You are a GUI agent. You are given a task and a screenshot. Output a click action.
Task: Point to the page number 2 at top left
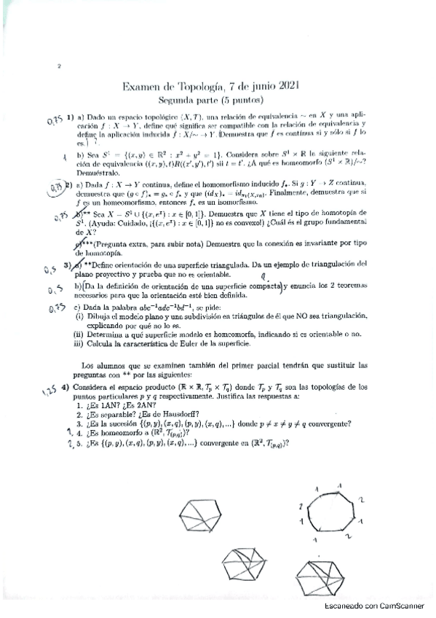click(x=57, y=67)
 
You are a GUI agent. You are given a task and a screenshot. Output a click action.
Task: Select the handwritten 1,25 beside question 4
click(x=50, y=391)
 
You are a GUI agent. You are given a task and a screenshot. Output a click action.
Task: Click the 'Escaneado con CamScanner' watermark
click(x=376, y=606)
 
